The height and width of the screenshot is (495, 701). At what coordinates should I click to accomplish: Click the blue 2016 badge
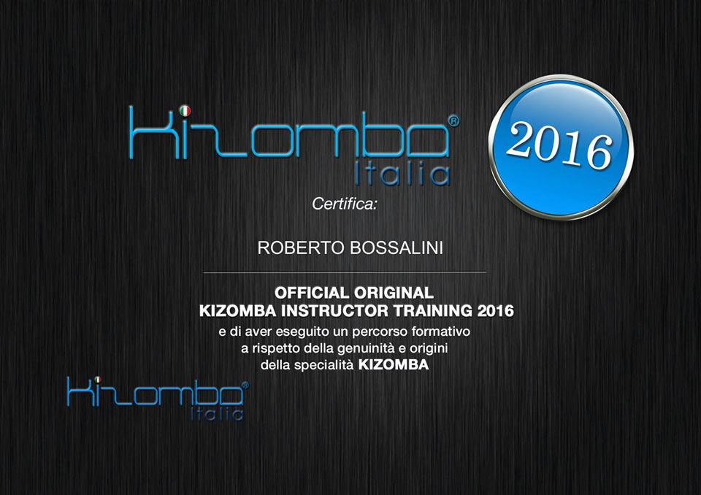pyautogui.click(x=561, y=147)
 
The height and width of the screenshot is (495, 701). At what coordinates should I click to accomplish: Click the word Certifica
pyautogui.click(x=343, y=204)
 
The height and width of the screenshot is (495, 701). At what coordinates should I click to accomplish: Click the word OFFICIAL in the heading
pyautogui.click(x=312, y=293)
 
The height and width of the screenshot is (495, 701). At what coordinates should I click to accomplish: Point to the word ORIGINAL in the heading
pyautogui.click(x=394, y=293)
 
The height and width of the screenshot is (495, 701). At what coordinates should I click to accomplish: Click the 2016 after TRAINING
pyautogui.click(x=496, y=311)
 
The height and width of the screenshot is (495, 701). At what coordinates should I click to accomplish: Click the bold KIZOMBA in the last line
pyautogui.click(x=394, y=365)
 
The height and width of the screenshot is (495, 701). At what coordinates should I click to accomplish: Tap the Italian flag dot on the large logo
pyautogui.click(x=185, y=110)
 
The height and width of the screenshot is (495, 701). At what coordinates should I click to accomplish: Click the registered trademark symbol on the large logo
pyautogui.click(x=453, y=121)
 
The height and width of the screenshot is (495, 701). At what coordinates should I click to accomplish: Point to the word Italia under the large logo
pyautogui.click(x=402, y=174)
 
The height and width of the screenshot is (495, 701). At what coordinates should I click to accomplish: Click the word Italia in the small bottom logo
pyautogui.click(x=217, y=413)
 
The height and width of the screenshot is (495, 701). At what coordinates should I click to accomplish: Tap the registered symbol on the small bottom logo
pyautogui.click(x=245, y=385)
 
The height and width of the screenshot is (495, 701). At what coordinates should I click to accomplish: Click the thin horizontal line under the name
pyautogui.click(x=344, y=272)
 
